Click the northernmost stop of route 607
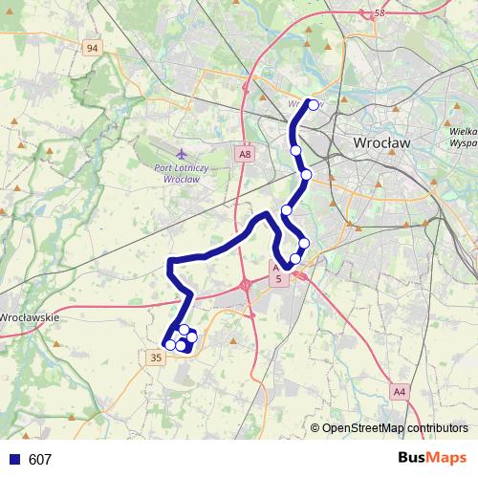click(x=313, y=105)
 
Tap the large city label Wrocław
click(x=382, y=141)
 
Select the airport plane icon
click(x=182, y=153)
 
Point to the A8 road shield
click(x=245, y=153)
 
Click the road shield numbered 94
click(x=92, y=48)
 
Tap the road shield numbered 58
click(x=380, y=12)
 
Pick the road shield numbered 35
click(x=157, y=357)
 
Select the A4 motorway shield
click(x=399, y=391)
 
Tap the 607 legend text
click(x=40, y=460)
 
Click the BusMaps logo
click(x=432, y=459)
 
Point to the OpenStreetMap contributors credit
click(x=395, y=428)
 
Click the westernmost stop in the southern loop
click(x=169, y=345)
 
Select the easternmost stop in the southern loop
click(x=191, y=337)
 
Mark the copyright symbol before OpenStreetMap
click(x=315, y=428)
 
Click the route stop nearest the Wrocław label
click(x=307, y=174)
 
